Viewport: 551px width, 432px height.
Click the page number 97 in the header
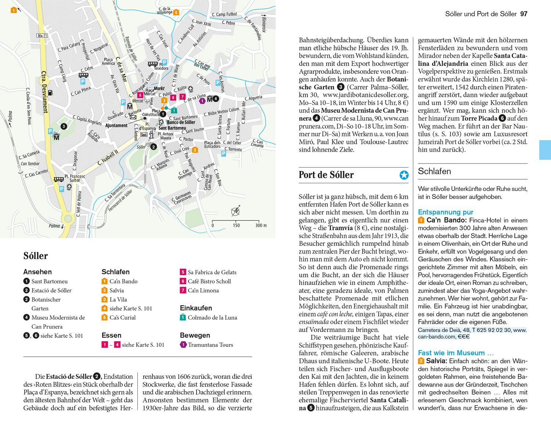click(523, 14)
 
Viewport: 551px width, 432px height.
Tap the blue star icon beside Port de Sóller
click(404, 175)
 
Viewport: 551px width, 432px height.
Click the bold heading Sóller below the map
click(36, 256)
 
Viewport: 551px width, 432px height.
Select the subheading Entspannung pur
click(445, 212)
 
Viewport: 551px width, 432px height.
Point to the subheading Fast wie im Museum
click(455, 353)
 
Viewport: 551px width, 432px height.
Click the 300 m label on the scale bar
click(261, 225)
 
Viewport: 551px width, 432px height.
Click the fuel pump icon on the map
click(50, 92)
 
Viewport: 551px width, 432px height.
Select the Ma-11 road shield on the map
click(43, 36)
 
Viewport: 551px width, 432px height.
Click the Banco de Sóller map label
click(181, 122)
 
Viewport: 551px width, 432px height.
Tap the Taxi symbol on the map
click(144, 135)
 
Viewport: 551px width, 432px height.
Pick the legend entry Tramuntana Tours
click(210, 345)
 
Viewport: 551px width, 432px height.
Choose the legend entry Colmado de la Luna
click(212, 317)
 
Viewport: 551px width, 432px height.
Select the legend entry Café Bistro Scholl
click(209, 281)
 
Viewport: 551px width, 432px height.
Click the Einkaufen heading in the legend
click(196, 308)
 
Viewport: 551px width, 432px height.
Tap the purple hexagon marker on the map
click(202, 101)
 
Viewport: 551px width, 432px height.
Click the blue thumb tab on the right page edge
click(545, 150)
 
